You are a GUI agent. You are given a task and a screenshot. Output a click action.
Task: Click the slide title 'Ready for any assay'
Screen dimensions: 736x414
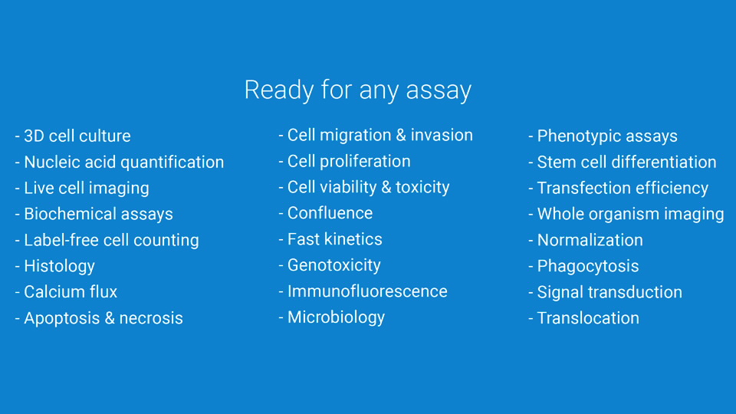[x=358, y=90]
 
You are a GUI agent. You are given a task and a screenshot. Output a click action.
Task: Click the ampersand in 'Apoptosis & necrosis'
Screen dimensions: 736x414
[x=110, y=318]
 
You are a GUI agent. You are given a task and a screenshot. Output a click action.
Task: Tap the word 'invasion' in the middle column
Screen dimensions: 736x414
[x=442, y=135]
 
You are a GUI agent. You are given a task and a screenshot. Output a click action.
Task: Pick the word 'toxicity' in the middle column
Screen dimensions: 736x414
[x=422, y=187]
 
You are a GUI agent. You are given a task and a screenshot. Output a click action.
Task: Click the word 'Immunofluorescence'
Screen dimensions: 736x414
[x=367, y=291]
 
